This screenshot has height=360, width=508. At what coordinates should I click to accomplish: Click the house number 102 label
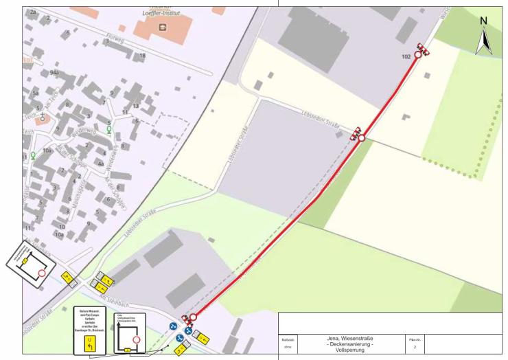[x=407, y=57]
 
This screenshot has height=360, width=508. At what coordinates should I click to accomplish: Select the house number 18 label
[x=142, y=55]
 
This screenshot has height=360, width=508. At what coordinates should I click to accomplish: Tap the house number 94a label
[x=56, y=72]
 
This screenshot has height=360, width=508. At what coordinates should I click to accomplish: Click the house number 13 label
[x=135, y=106]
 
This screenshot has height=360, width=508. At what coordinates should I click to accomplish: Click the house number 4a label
[x=100, y=164]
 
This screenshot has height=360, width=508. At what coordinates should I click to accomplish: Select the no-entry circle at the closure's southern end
[x=193, y=317]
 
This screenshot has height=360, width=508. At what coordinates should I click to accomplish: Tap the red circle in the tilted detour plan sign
[x=43, y=273]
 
